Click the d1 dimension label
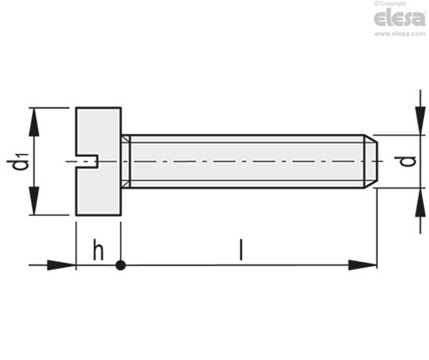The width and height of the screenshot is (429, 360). pos(18,161)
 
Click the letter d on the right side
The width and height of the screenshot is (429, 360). pos(408,162)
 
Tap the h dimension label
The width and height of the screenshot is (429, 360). pos(98,249)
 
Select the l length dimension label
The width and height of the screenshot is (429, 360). pos(241,249)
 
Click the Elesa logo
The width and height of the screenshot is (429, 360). pos(400,18)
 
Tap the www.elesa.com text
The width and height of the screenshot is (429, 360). pos(400,33)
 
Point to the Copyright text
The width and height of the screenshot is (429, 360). pos(390,3)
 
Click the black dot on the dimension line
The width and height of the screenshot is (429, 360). pos(121,265)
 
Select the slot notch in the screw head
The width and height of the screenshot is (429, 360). pos(86,162)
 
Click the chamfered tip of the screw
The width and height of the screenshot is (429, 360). pos(371,162)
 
